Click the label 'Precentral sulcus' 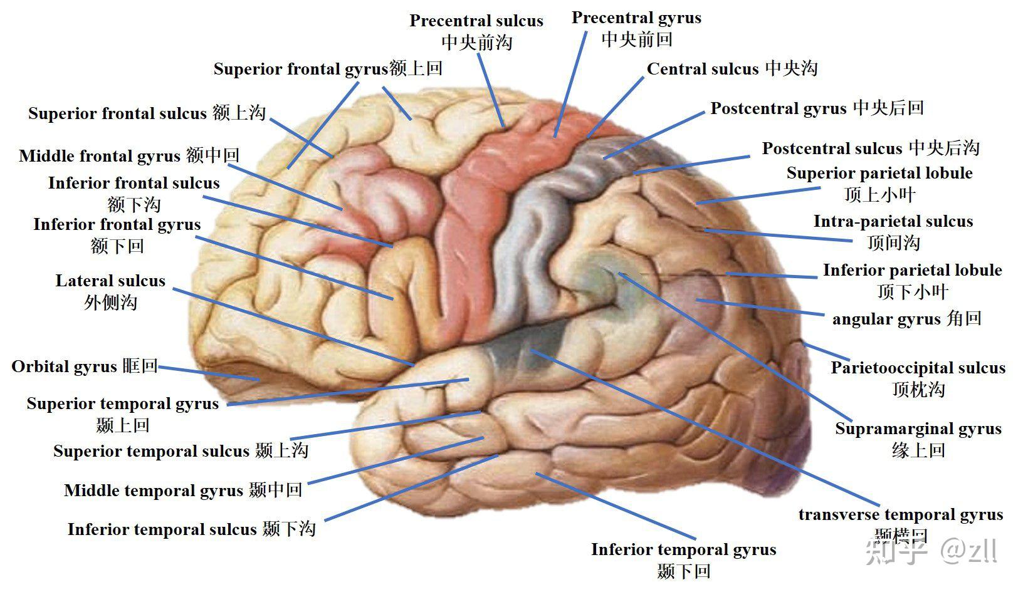(476, 21)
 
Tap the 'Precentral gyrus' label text (636, 18)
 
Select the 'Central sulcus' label (703, 69)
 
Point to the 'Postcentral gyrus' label (778, 108)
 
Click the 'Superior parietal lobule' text (879, 173)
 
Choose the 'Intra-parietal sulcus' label (893, 221)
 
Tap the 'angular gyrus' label (886, 319)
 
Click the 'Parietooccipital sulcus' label (918, 368)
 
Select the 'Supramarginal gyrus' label (918, 429)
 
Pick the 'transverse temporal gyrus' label (901, 515)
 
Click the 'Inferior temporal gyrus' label (684, 549)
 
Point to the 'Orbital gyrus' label (64, 366)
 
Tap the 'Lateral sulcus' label (110, 281)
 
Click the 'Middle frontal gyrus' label (100, 156)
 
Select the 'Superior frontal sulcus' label (117, 113)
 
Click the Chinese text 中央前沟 (477, 43)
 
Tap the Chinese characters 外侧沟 (110, 302)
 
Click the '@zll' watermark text (968, 551)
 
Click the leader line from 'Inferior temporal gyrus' (616, 506)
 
